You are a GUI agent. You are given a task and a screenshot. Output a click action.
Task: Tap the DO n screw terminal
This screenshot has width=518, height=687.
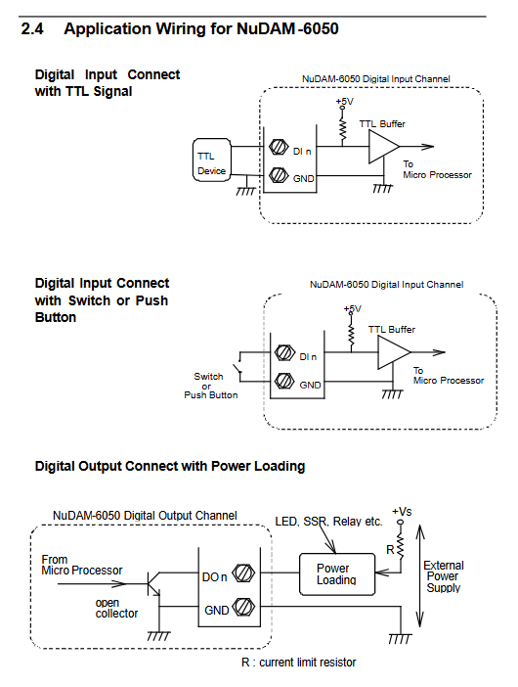pos(243,573)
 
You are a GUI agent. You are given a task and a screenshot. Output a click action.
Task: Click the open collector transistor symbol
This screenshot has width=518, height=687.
pos(154,584)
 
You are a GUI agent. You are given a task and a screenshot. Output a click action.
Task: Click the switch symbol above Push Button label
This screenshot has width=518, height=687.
pos(239,367)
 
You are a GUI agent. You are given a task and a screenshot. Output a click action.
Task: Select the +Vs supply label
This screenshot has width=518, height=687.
pos(402,511)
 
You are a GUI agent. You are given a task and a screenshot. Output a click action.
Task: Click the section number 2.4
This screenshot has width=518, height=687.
pos(32,29)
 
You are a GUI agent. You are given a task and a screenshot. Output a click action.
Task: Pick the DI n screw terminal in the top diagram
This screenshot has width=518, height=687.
pos(279,147)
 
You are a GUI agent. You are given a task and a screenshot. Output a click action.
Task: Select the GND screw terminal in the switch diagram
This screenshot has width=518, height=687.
pos(284,381)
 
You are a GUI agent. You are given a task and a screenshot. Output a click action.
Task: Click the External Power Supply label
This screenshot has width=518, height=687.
pos(444,576)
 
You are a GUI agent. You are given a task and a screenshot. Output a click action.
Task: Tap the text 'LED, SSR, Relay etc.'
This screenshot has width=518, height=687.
pos(328,522)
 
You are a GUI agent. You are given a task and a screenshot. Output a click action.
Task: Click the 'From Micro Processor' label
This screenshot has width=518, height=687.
pos(82,566)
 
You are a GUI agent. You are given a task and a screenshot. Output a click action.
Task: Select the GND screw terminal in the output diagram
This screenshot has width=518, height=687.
pos(243,607)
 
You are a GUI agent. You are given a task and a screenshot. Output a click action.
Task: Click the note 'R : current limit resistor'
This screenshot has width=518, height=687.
pos(299,662)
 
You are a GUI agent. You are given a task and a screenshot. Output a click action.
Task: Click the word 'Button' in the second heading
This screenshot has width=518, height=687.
pos(56,317)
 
